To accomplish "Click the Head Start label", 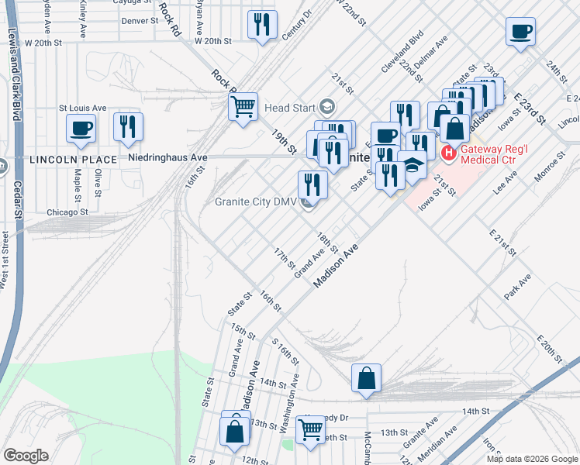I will [x=290, y=107].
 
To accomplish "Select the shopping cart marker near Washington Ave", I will [x=310, y=429].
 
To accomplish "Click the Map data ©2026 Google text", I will [x=531, y=459].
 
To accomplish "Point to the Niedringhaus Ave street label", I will [x=162, y=158].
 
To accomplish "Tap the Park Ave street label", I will [x=517, y=287].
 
